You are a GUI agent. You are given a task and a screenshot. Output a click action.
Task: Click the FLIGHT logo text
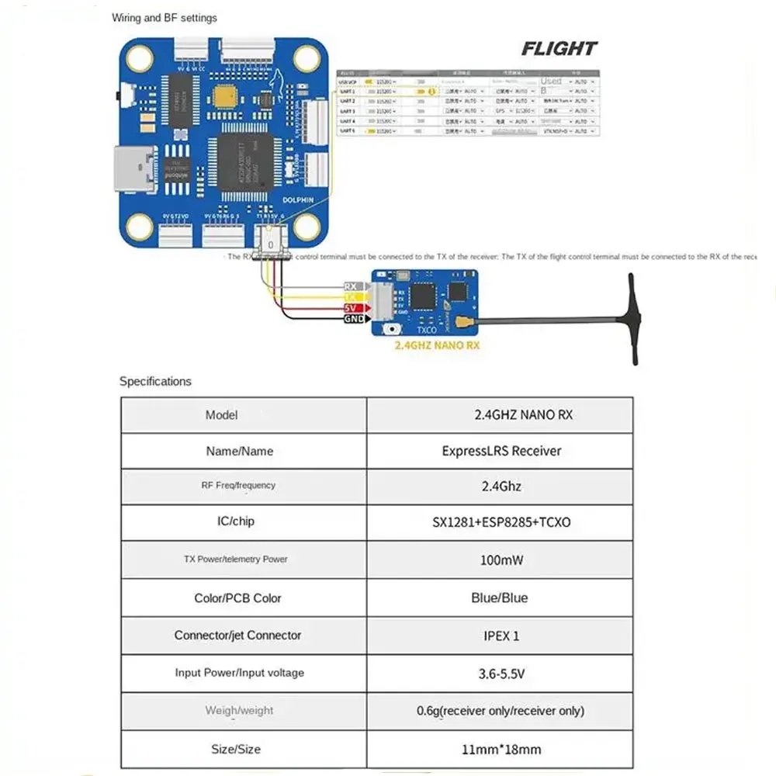click(559, 49)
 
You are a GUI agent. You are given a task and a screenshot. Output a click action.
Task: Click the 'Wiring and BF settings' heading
click(165, 18)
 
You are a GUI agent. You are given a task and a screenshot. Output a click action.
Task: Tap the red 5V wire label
click(350, 308)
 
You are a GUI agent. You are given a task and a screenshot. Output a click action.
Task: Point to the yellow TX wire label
click(350, 297)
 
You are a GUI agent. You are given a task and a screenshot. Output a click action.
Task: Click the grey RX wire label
click(350, 286)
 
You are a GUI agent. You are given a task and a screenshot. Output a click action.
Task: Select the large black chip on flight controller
click(245, 163)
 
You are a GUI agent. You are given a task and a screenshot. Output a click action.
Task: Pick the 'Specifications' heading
click(155, 381)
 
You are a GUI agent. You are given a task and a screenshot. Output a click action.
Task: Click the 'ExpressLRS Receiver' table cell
click(501, 450)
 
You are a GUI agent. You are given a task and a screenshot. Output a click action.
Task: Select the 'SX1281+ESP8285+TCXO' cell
click(501, 522)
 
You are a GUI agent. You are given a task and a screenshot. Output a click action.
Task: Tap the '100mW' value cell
click(501, 559)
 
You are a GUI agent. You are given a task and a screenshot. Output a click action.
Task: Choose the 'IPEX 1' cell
click(501, 636)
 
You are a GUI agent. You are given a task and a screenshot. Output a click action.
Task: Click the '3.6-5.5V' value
click(501, 674)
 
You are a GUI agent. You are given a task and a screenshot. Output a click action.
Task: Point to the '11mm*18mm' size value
click(501, 749)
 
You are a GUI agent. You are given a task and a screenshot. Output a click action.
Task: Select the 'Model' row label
click(222, 414)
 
